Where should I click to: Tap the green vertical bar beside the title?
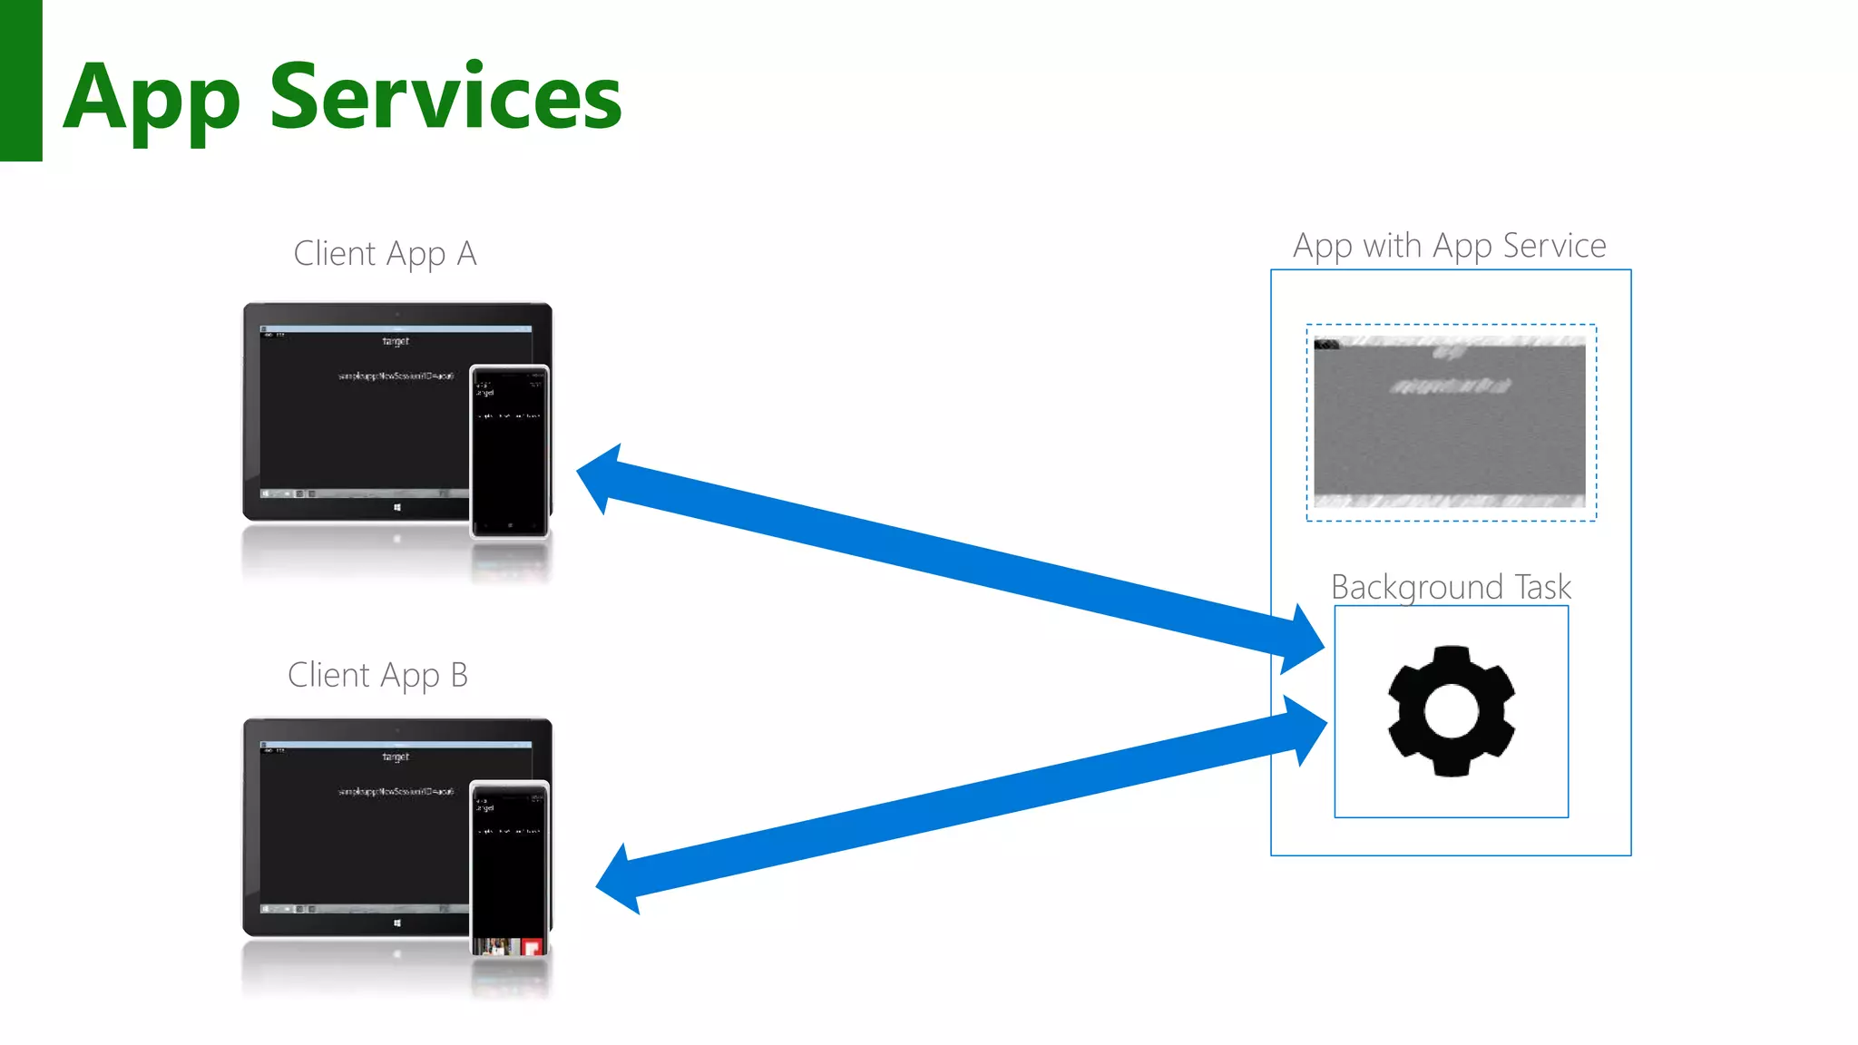coord(21,81)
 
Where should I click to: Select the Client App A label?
coord(385,254)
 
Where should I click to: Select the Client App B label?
coord(377,676)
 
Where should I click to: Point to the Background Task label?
coord(1450,587)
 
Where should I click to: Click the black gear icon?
coord(1451,711)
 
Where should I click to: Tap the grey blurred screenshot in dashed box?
coord(1450,422)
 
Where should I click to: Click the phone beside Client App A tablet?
coord(510,451)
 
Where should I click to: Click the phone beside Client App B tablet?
coord(510,866)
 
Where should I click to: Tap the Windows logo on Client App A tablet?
coord(397,508)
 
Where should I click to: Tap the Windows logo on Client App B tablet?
coord(397,923)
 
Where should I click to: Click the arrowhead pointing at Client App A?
coord(602,479)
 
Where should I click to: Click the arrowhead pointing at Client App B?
coord(621,880)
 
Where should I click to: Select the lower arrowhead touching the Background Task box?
coord(1304,729)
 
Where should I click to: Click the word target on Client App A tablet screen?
coord(396,341)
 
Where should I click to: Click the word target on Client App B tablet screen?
coord(396,757)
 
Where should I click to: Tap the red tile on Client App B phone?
coord(533,947)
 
